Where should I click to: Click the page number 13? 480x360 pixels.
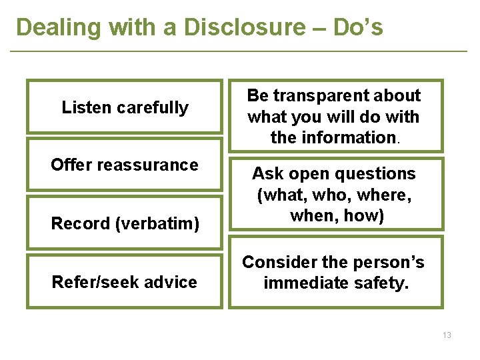(x=446, y=335)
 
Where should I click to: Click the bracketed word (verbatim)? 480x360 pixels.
(x=158, y=224)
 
